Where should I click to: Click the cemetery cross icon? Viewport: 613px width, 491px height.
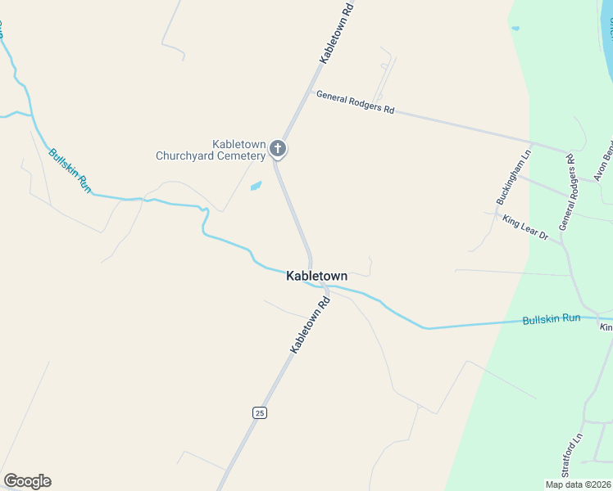tap(278, 149)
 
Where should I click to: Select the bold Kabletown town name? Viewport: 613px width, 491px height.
tap(316, 277)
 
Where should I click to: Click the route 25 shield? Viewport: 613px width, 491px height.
tap(259, 412)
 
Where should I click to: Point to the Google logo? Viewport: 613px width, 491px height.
tap(27, 481)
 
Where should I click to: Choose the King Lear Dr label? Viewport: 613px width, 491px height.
tap(525, 227)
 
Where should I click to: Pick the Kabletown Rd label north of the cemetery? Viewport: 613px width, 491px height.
tap(336, 33)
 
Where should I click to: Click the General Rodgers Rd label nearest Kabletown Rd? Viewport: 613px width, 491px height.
tap(355, 102)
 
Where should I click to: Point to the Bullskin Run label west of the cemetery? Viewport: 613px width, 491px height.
tap(70, 170)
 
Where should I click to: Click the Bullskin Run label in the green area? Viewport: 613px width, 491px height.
tap(552, 318)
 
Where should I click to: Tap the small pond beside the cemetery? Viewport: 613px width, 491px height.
tap(256, 186)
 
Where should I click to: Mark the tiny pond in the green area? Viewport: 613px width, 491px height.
tap(515, 29)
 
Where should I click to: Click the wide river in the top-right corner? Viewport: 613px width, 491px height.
tap(608, 25)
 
